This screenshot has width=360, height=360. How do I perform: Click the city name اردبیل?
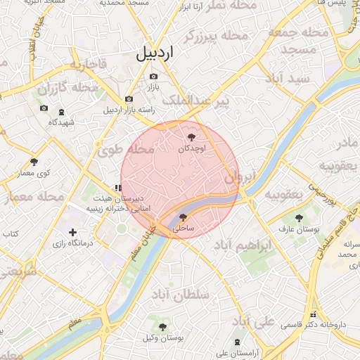pos(154,53)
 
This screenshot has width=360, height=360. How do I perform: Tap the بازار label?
pos(153,87)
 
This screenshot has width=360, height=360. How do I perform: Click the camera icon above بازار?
pos(153,77)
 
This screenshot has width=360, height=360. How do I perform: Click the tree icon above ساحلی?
pos(183,218)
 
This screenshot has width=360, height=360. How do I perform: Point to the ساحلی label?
pos(183,229)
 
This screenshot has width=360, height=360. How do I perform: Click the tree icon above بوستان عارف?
pos(300,218)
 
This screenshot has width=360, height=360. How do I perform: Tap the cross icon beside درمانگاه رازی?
pos(72,232)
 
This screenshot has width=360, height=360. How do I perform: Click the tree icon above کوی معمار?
pos(34,162)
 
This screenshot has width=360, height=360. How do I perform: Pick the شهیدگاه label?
pos(61,122)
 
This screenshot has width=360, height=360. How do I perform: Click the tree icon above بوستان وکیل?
pos(163,326)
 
